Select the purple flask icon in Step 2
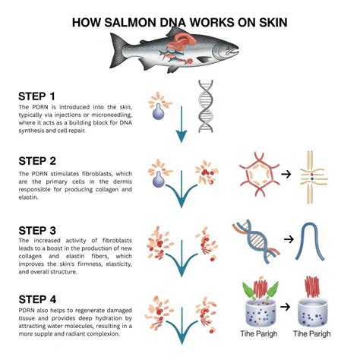point(158,181)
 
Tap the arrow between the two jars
point(286,306)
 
